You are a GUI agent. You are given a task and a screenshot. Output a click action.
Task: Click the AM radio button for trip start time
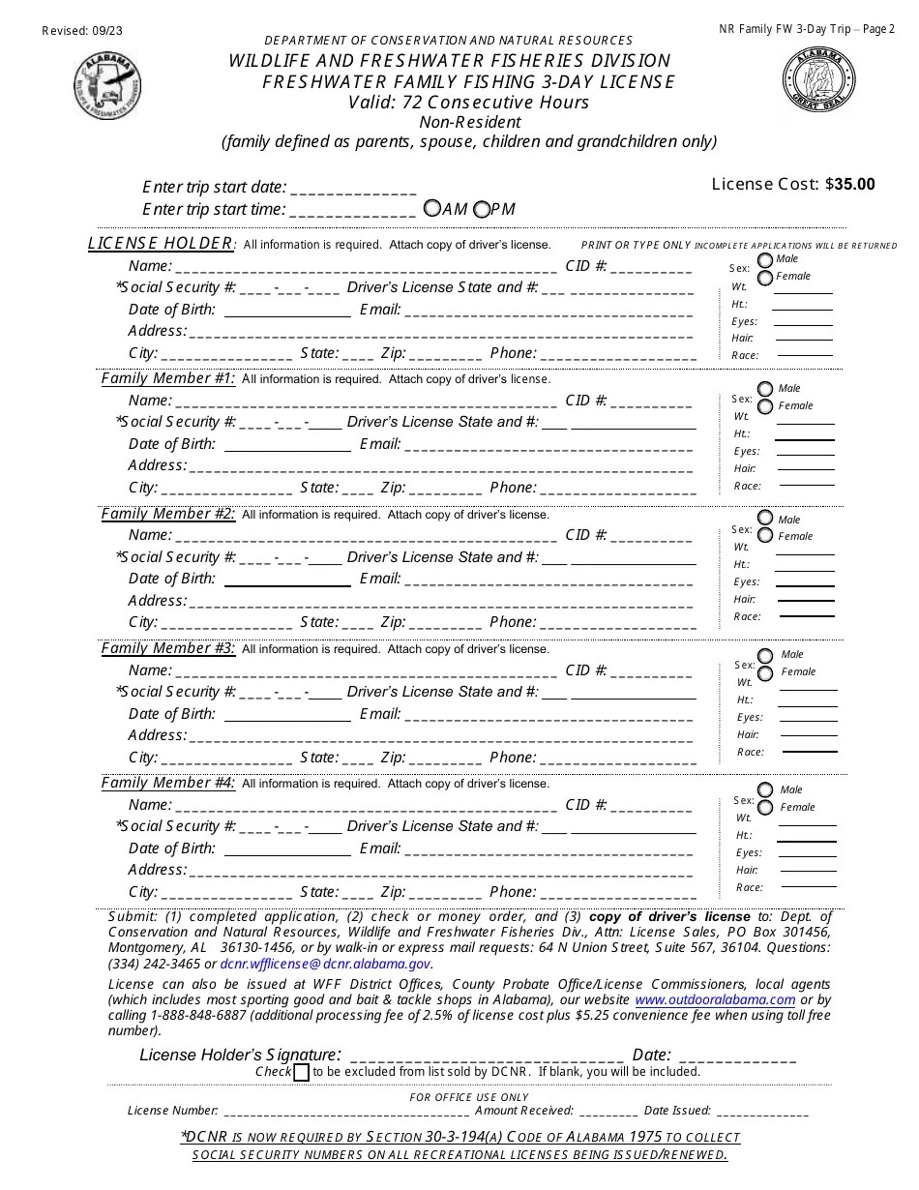[x=432, y=208]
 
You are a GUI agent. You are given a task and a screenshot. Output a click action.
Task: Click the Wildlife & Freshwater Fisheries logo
[x=107, y=85]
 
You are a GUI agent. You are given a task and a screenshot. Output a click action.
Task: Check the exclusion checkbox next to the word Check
[x=301, y=1072]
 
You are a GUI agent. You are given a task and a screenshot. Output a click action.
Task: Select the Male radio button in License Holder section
[x=765, y=259]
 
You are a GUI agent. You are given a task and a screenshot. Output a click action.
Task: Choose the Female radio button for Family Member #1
[x=765, y=406]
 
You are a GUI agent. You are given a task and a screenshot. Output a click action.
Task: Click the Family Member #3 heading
[x=168, y=648]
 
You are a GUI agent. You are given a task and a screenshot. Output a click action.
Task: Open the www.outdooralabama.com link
[x=715, y=999]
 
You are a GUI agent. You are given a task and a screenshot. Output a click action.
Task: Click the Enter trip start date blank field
[x=353, y=188]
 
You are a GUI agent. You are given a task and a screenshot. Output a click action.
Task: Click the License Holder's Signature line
[x=486, y=1056]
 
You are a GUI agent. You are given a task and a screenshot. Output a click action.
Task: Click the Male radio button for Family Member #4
[x=765, y=789]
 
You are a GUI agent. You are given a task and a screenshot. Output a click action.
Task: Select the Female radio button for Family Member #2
[x=765, y=536]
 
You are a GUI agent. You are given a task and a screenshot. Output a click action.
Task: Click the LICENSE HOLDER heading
[x=161, y=243]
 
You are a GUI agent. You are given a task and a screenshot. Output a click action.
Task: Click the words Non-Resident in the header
[x=470, y=122]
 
